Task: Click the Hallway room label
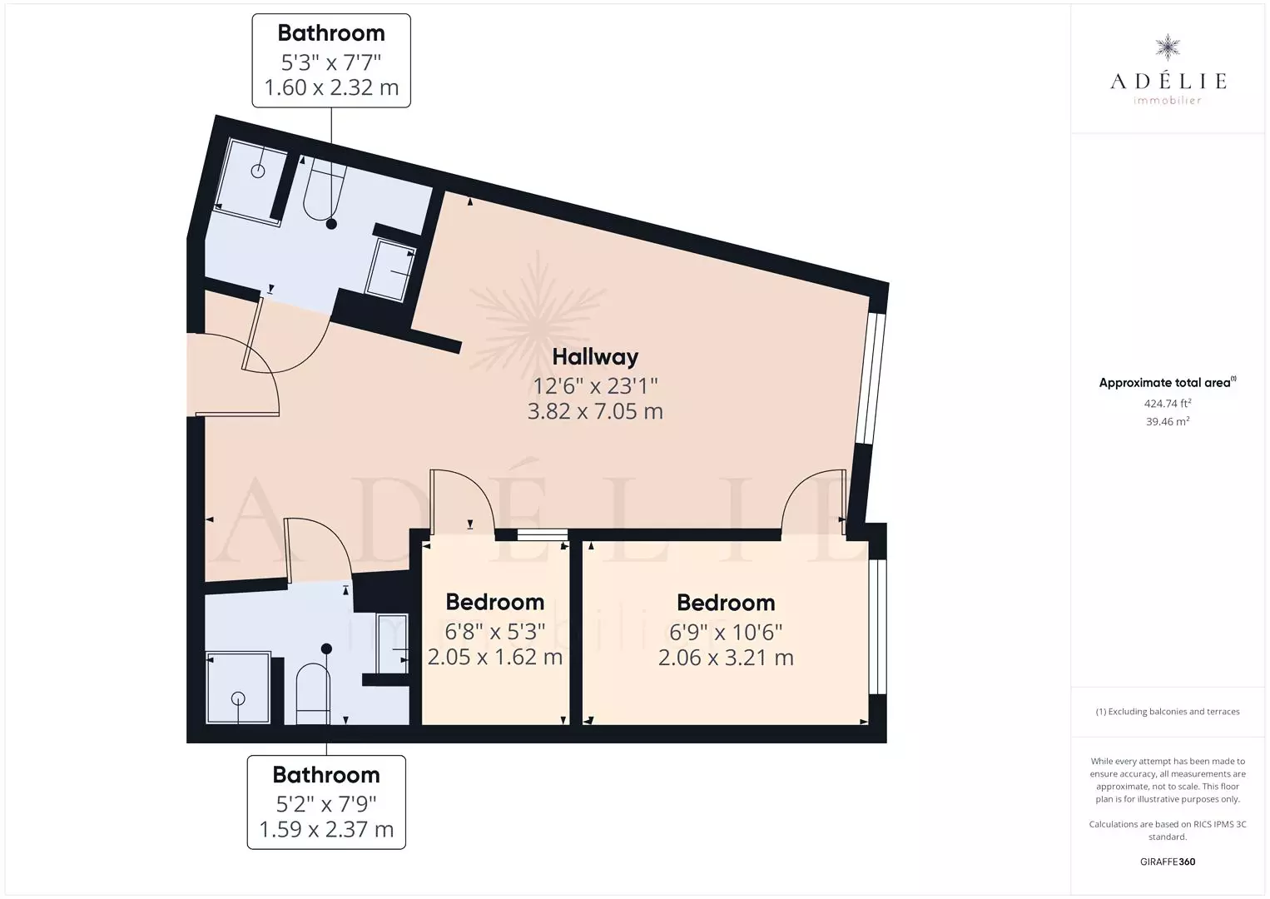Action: click(595, 357)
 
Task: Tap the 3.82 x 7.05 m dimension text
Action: click(595, 411)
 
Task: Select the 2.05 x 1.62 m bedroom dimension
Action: click(495, 657)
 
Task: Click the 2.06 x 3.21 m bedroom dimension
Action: click(726, 658)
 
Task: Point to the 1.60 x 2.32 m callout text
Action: click(332, 87)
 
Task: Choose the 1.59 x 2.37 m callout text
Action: click(326, 829)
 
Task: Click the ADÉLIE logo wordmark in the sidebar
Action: click(1168, 81)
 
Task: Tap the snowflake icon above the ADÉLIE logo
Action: click(1168, 47)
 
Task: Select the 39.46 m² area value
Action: click(1168, 421)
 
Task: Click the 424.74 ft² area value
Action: click(1168, 403)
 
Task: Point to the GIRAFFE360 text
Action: click(1168, 862)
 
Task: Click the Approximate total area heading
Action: click(1168, 382)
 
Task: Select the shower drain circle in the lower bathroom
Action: click(238, 698)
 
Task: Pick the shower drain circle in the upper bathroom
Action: click(258, 171)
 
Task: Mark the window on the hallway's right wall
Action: click(871, 378)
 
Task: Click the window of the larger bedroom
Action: click(878, 627)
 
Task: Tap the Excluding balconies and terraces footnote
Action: click(1168, 711)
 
